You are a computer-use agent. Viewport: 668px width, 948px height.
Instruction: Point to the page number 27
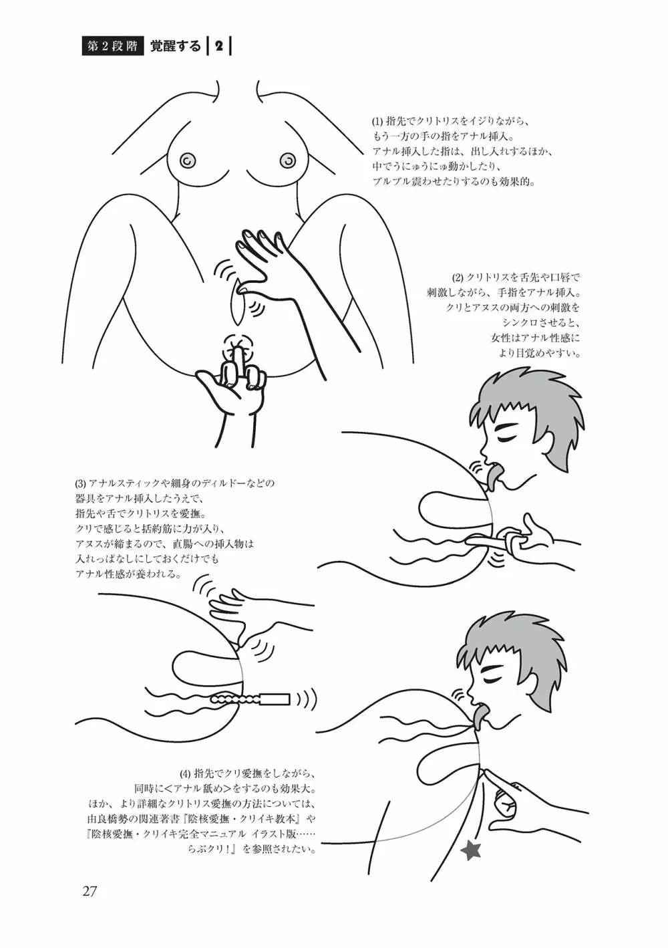(x=90, y=892)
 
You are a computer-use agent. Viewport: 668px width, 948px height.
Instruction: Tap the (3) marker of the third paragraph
(x=80, y=483)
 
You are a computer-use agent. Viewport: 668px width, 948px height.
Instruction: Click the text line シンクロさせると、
(x=540, y=324)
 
